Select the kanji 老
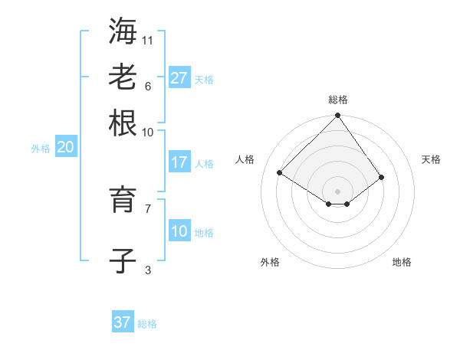pyautogui.click(x=123, y=77)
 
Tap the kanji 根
pyautogui.click(x=123, y=123)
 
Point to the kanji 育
pyautogui.click(x=123, y=199)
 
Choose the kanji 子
pyautogui.click(x=123, y=260)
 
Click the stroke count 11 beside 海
pyautogui.click(x=148, y=40)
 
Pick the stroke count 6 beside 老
pyautogui.click(x=148, y=86)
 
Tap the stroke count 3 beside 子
pyautogui.click(x=148, y=270)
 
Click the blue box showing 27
pyautogui.click(x=179, y=78)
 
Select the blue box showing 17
pyautogui.click(x=179, y=162)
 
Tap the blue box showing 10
pyautogui.click(x=179, y=231)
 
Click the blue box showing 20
pyautogui.click(x=64, y=148)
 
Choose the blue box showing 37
pyautogui.click(x=122, y=322)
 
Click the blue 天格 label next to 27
pyautogui.click(x=204, y=80)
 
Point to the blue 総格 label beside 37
pyautogui.click(x=147, y=324)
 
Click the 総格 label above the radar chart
pyautogui.click(x=338, y=100)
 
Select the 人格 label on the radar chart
pyautogui.click(x=245, y=159)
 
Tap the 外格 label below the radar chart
pyautogui.click(x=270, y=262)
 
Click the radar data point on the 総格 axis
pyautogui.click(x=338, y=116)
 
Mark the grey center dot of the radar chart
pyautogui.click(x=338, y=191)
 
